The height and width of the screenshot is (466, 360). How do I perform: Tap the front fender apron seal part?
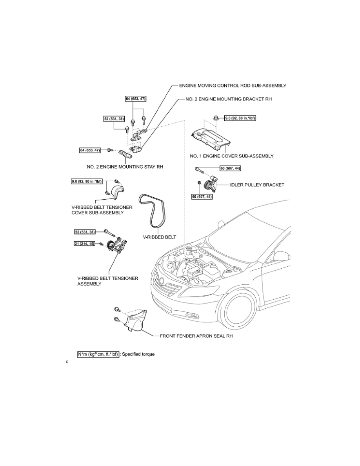click(136, 320)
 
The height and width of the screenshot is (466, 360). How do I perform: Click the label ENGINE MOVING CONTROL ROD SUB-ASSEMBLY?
click(233, 86)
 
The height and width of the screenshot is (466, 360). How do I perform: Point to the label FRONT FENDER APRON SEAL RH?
click(196, 336)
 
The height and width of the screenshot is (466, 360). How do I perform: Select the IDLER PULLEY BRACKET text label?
click(257, 185)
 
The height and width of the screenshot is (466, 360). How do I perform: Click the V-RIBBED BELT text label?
click(160, 237)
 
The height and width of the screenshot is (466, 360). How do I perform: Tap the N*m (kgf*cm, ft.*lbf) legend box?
click(98, 354)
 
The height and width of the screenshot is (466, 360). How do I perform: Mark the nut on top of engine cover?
click(216, 118)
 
